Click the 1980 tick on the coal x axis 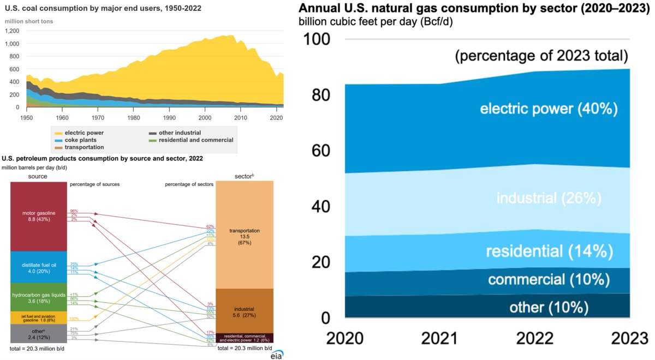134,117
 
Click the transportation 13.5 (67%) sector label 245,236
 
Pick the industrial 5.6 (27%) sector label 245,311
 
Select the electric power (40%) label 549,109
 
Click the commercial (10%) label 549,279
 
